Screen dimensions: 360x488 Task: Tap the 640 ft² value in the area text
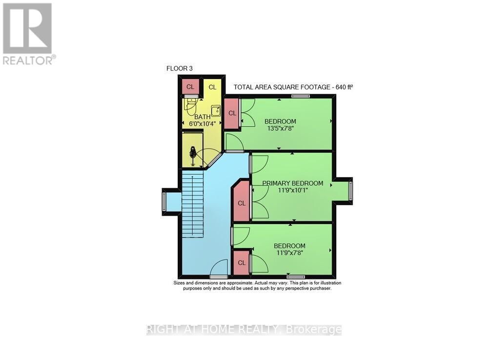pos(343,87)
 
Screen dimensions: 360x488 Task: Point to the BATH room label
pos(203,117)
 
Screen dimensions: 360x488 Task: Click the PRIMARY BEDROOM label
pos(292,183)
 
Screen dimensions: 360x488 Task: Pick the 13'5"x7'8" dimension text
pos(280,129)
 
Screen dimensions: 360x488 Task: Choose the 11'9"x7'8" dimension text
pos(289,253)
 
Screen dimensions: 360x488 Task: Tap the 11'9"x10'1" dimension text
pos(292,191)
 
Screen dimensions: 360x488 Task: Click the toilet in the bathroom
pos(190,104)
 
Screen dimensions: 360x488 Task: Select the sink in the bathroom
pos(216,110)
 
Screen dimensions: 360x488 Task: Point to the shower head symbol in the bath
pos(193,153)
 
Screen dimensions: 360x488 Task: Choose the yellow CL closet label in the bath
pos(212,87)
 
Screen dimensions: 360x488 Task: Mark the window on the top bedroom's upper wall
pos(301,96)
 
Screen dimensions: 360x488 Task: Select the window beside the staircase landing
pos(164,201)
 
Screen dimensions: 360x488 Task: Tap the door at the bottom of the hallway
pos(219,269)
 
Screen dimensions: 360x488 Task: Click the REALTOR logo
pos(28,34)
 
